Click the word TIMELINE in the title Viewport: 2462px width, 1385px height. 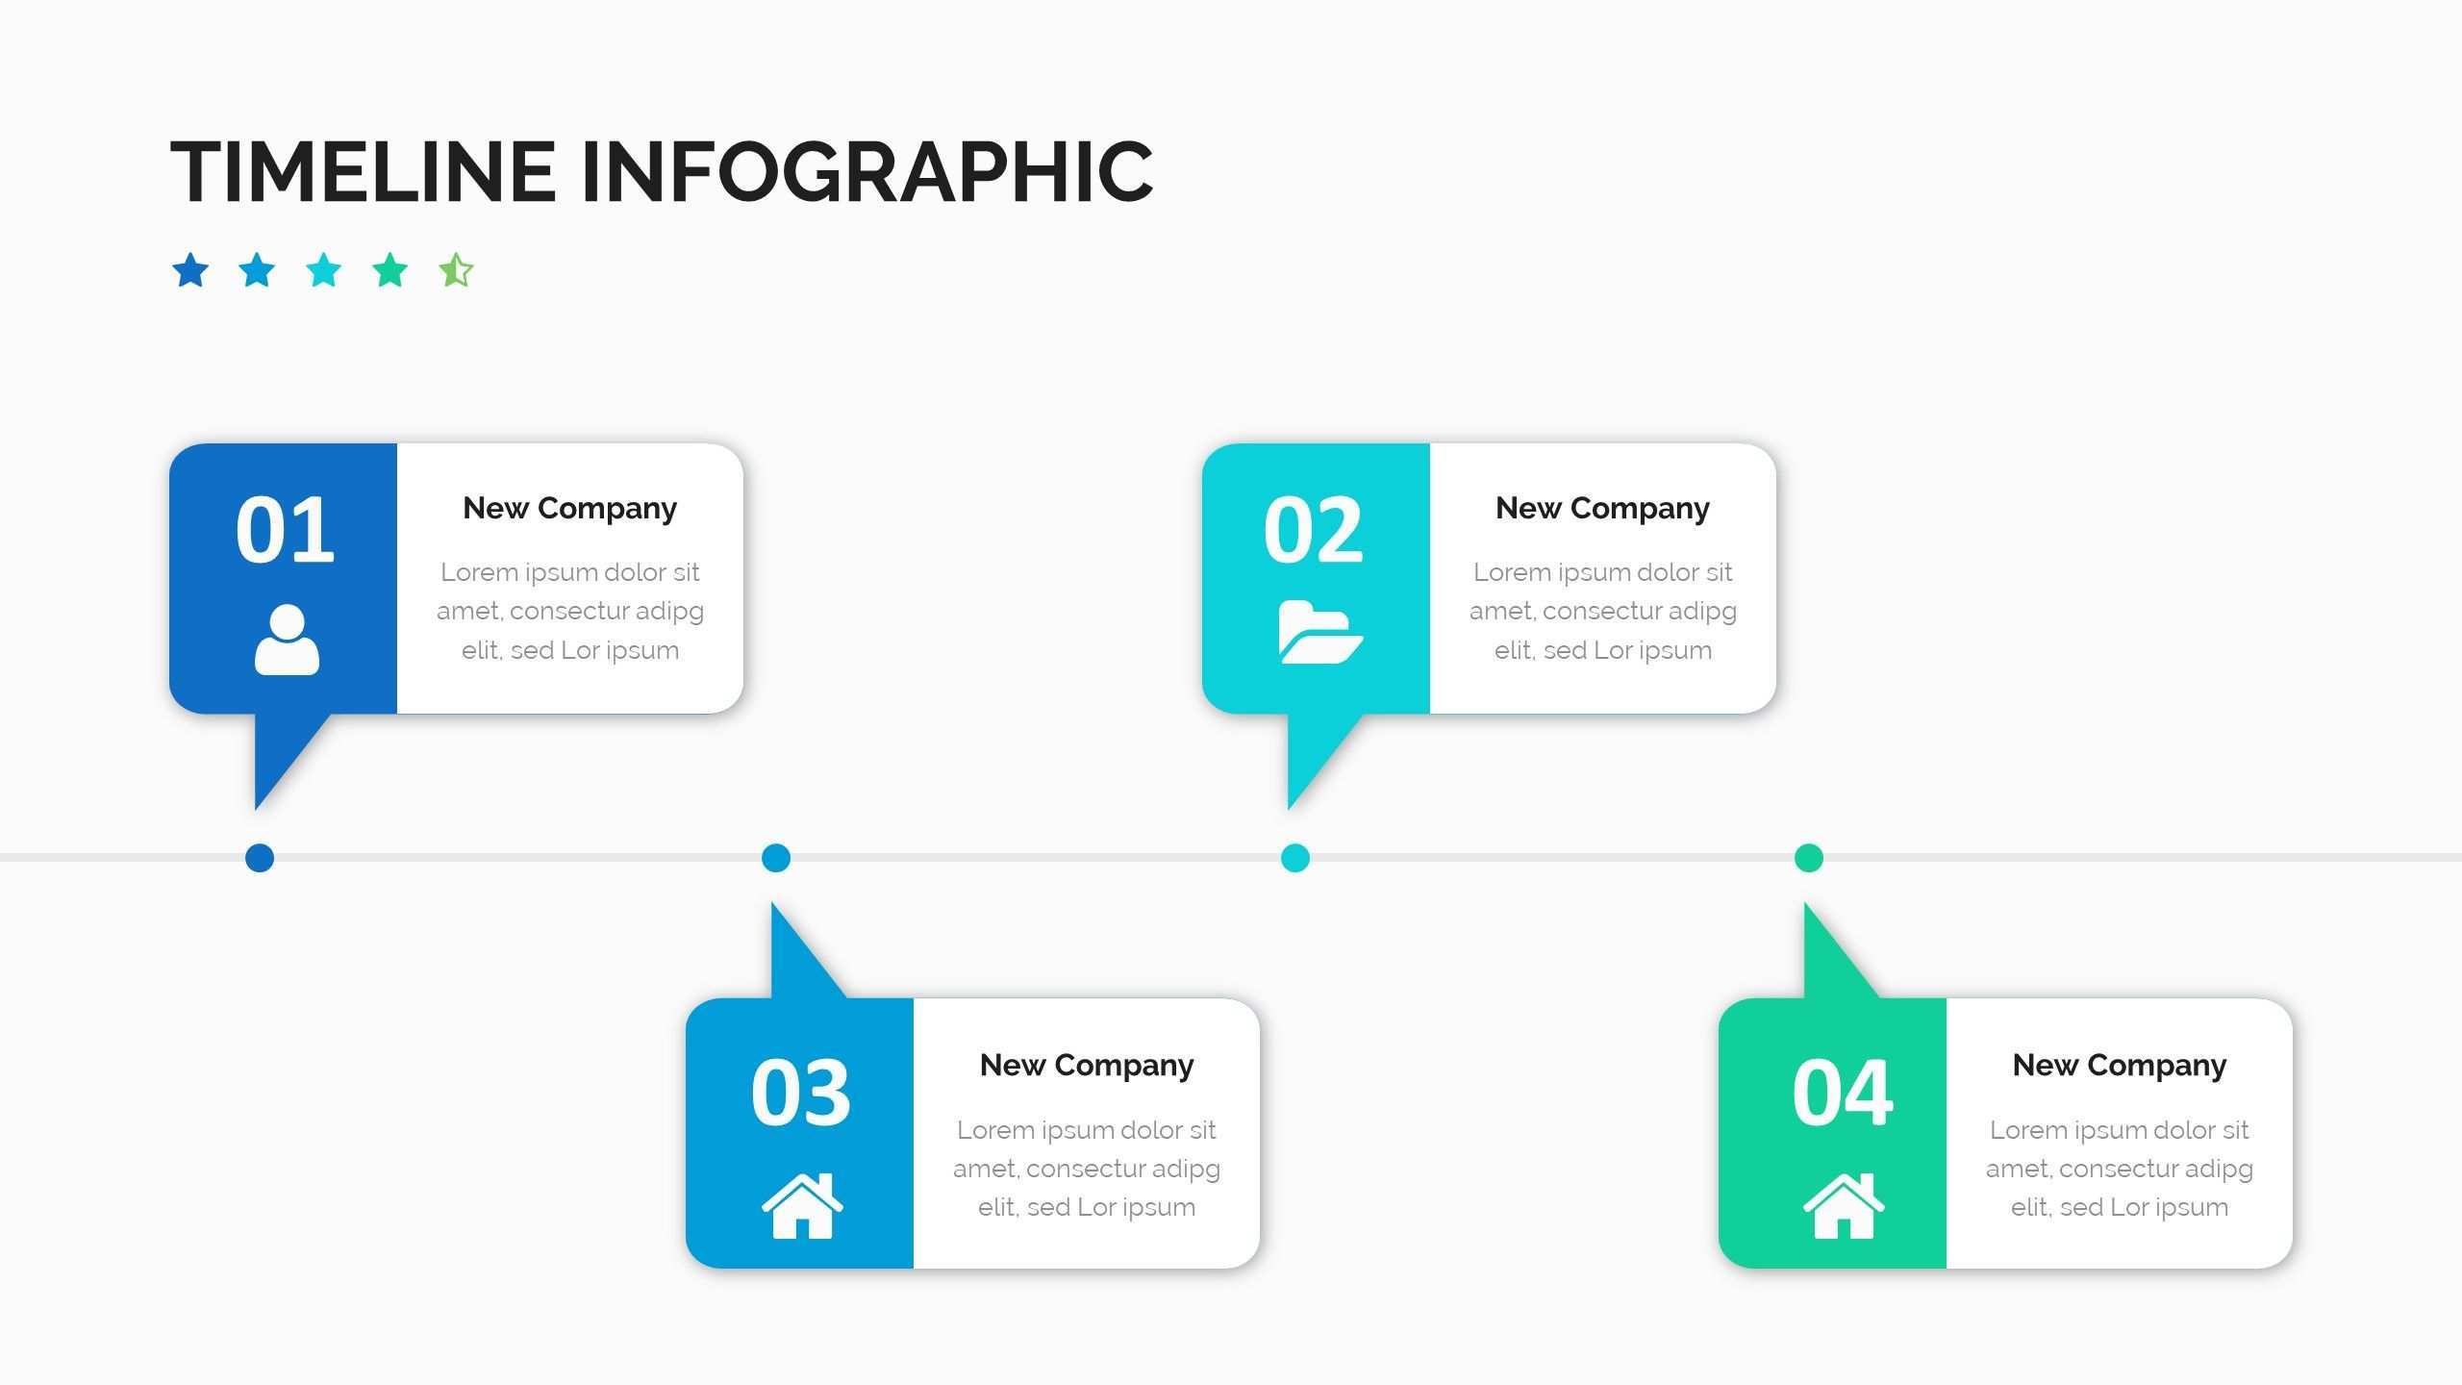(363, 171)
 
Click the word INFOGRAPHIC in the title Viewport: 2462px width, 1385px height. (867, 171)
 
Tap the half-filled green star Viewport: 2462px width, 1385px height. (456, 270)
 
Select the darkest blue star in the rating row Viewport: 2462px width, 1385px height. (190, 270)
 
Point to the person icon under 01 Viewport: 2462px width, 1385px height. (287, 640)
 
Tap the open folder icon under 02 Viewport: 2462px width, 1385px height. (1319, 632)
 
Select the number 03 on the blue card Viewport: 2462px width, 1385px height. (801, 1093)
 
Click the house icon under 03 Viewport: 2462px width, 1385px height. (802, 1206)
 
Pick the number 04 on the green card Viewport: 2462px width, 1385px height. (1843, 1093)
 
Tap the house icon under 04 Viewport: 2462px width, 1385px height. (1843, 1206)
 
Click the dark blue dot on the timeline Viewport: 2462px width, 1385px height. (260, 858)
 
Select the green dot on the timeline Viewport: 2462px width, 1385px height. (1809, 858)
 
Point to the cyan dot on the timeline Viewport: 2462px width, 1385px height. (1295, 858)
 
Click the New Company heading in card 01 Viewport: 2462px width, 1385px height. (569, 508)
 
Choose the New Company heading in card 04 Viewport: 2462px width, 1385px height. (2119, 1065)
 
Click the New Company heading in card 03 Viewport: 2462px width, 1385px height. (1086, 1065)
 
